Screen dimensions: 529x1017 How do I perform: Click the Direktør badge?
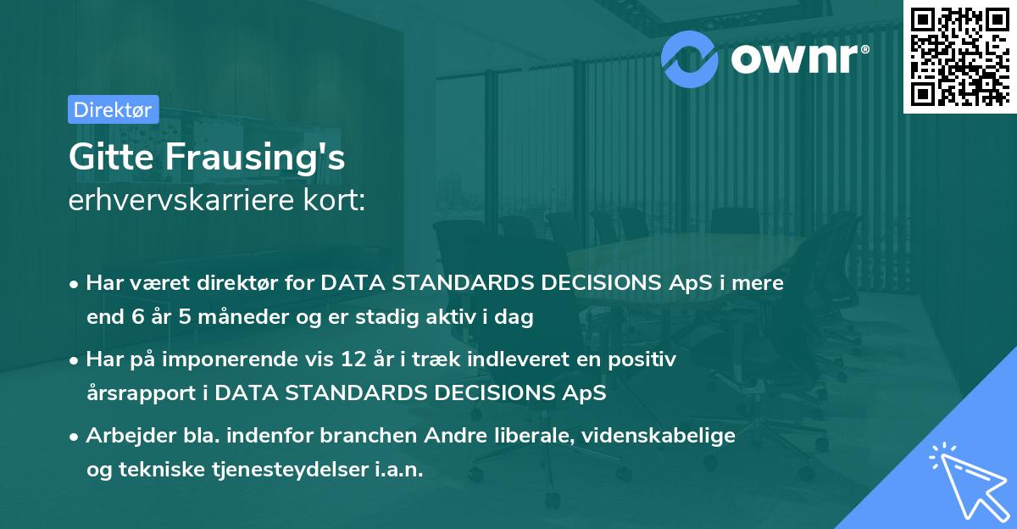[x=113, y=109]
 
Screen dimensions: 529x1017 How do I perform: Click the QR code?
[x=959, y=56]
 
